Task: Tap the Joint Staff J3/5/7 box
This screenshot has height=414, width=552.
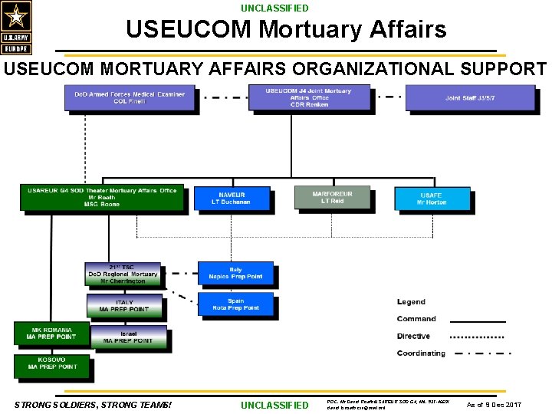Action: coord(469,97)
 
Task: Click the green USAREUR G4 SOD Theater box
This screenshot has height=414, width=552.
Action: coord(102,198)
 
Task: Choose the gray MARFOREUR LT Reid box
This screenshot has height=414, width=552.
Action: coord(332,197)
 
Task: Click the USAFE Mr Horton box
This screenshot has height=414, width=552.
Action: coord(432,199)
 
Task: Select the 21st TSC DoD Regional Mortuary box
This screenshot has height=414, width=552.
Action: coord(122,274)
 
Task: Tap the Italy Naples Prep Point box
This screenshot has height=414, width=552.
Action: coord(235,273)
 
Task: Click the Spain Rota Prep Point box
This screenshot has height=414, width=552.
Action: coord(235,304)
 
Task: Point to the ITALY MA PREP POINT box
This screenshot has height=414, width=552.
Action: coord(123,306)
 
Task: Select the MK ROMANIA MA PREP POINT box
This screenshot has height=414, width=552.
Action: coord(51,333)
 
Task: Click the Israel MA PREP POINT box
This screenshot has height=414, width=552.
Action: coord(127,336)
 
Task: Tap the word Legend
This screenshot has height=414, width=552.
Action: coord(411,302)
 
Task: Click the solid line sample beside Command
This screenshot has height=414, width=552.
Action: coord(477,321)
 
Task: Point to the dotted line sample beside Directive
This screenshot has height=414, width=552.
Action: coord(477,337)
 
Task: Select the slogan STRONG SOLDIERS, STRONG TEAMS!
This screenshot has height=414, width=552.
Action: coord(93,404)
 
